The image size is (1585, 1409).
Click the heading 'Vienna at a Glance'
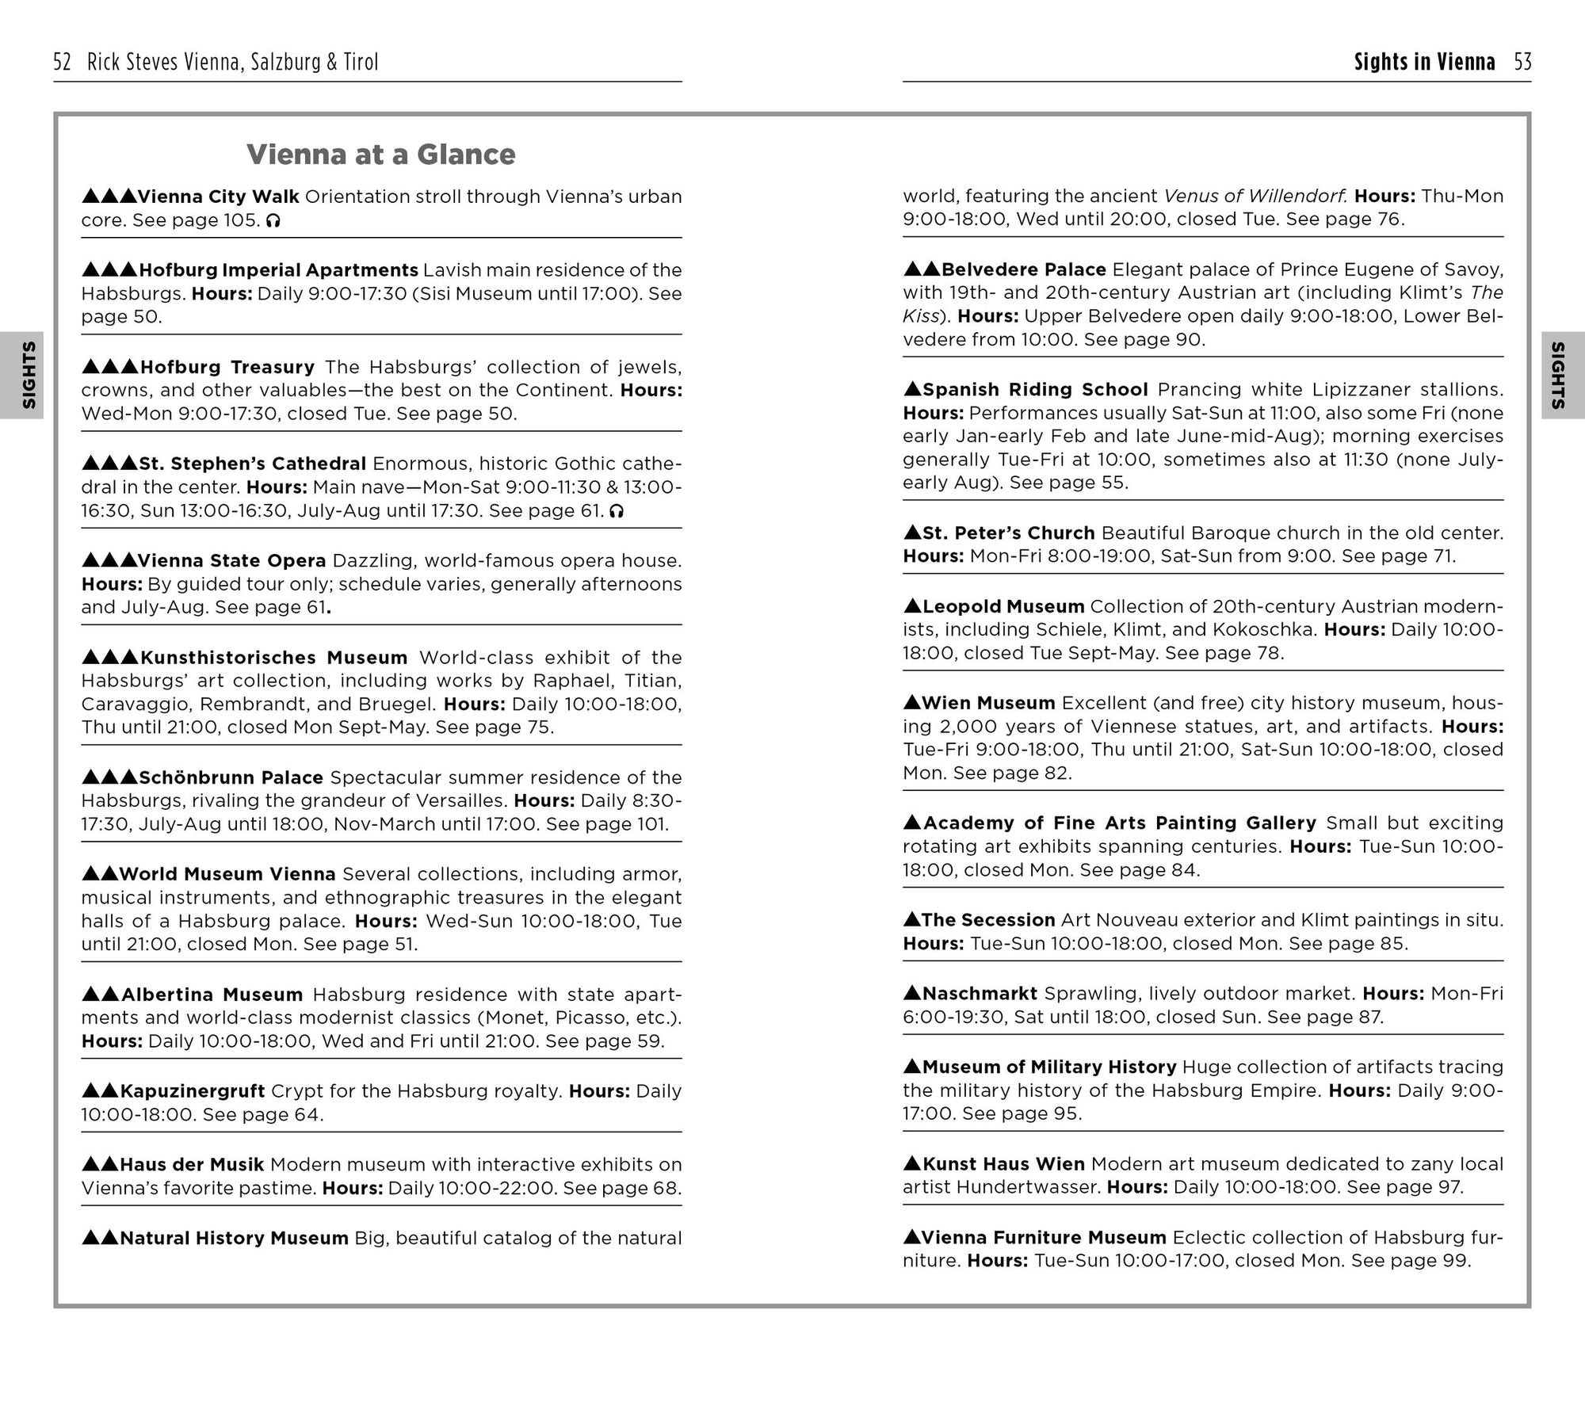click(x=380, y=155)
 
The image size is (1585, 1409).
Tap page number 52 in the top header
click(x=63, y=62)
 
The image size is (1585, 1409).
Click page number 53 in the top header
click(x=1522, y=62)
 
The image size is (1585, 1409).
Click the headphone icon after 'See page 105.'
click(x=273, y=221)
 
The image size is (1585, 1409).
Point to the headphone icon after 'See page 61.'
click(x=617, y=512)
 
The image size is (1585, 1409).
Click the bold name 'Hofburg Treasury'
click(x=227, y=367)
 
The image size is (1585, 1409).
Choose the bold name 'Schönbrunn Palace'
click(x=231, y=777)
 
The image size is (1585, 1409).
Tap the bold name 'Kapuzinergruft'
click(x=193, y=1091)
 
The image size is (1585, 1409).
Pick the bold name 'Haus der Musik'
click(x=192, y=1164)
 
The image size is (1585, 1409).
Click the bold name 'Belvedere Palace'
click(x=1023, y=269)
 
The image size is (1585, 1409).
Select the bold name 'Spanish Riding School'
click(x=1035, y=390)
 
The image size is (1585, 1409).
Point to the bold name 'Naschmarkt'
click(x=980, y=994)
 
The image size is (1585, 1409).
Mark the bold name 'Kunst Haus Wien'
click(x=1003, y=1164)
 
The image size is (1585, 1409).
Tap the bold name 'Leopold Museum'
click(x=1003, y=607)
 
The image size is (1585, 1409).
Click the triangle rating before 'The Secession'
click(x=911, y=920)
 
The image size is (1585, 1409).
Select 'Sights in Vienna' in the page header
click(x=1424, y=62)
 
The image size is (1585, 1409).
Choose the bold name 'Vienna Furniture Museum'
click(x=1044, y=1238)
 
